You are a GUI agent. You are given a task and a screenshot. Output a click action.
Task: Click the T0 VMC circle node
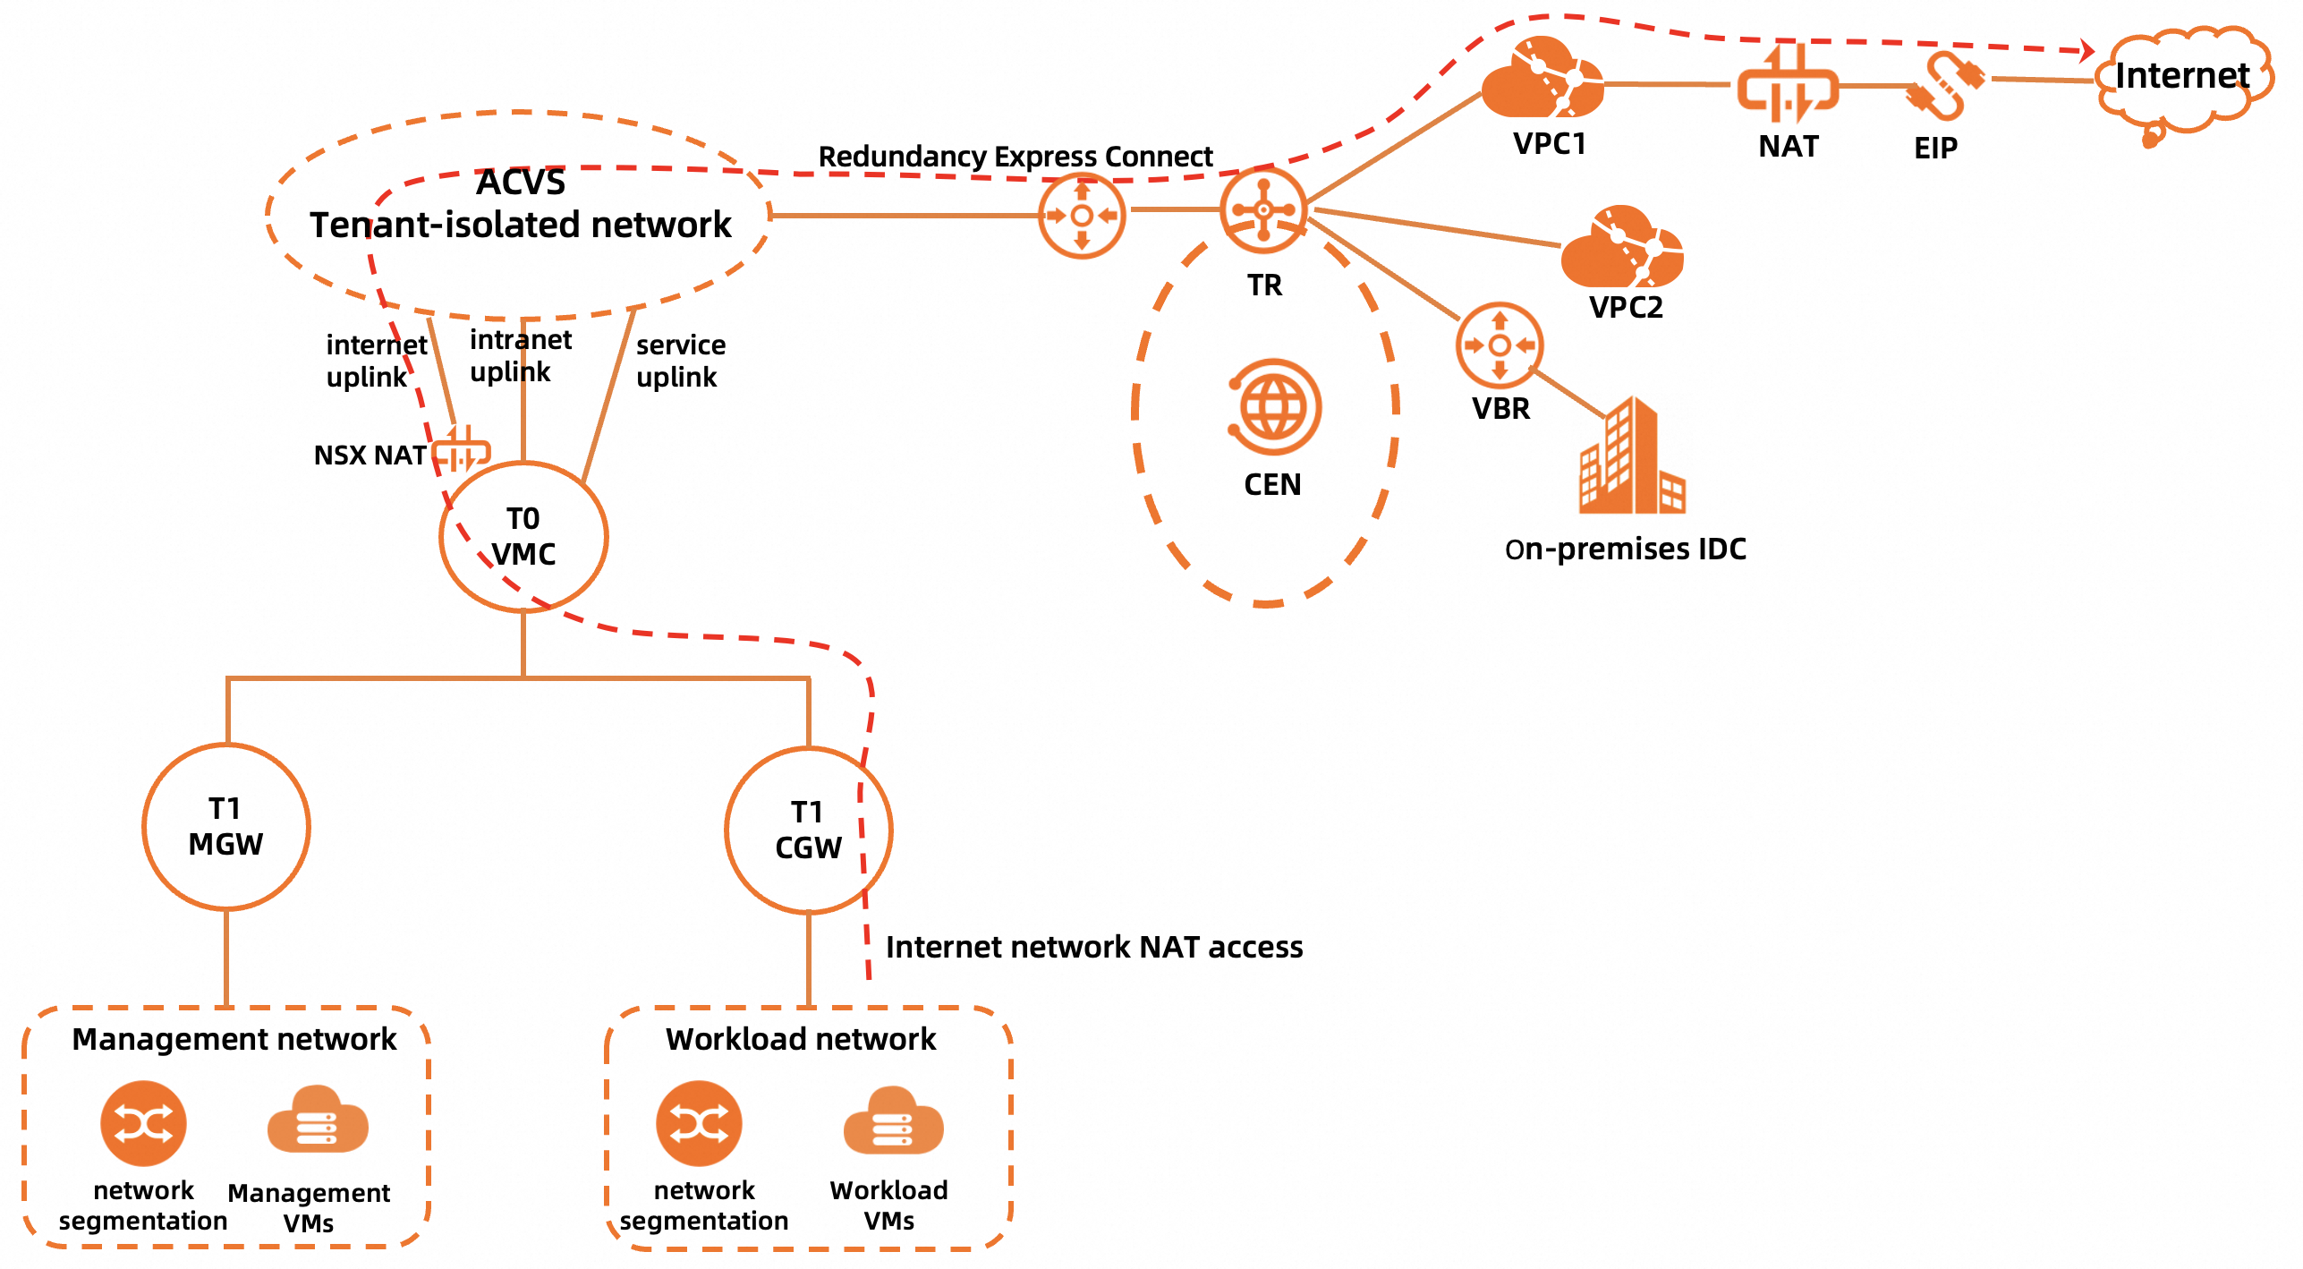(x=523, y=537)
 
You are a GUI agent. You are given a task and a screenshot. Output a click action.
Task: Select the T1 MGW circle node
(x=225, y=827)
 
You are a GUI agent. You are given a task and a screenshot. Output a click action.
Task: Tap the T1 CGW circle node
(x=808, y=830)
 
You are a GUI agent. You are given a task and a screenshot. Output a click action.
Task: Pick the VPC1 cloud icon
(x=1542, y=81)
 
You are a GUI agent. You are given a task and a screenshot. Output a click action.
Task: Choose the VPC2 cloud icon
(x=1621, y=248)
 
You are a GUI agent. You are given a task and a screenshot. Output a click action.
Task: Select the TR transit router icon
(x=1263, y=210)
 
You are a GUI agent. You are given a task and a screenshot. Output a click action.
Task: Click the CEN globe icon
(x=1274, y=407)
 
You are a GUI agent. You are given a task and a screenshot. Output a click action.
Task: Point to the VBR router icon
(x=1500, y=345)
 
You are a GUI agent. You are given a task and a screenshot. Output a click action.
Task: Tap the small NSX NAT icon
(x=461, y=449)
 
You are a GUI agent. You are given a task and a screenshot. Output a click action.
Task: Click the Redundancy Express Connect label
(x=1015, y=157)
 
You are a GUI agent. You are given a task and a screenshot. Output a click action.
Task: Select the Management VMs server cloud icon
(x=318, y=1122)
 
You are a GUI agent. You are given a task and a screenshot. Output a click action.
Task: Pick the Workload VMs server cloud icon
(x=892, y=1122)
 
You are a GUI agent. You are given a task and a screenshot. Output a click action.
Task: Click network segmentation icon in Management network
(x=143, y=1123)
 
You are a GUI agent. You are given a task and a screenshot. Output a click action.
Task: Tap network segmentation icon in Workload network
(x=699, y=1123)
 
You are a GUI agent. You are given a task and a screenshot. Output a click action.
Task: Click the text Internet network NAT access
(x=1093, y=947)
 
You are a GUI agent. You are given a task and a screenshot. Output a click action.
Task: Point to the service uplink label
(x=680, y=361)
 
